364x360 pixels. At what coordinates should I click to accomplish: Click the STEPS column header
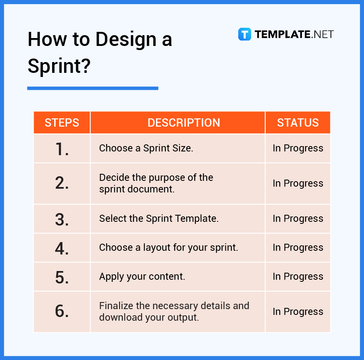tap(62, 122)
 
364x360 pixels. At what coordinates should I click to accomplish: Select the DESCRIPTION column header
tap(184, 122)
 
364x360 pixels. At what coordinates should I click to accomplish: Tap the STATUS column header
tap(298, 122)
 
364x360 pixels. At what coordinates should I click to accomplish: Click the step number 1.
tap(62, 149)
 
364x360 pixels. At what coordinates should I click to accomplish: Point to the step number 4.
tap(62, 248)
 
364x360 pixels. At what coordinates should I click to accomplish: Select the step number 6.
tap(62, 312)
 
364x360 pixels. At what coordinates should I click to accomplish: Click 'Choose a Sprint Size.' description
tap(146, 148)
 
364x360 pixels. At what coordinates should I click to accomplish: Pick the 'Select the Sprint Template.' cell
tap(159, 218)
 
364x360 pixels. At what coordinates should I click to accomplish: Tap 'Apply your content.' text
tap(142, 276)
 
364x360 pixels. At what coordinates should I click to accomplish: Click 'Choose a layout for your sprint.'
tap(168, 247)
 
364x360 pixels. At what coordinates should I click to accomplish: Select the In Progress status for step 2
tap(298, 183)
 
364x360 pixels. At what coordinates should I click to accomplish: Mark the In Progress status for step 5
tap(298, 276)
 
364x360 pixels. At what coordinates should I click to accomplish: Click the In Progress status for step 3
tap(298, 218)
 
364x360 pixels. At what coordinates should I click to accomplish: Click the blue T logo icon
tap(244, 34)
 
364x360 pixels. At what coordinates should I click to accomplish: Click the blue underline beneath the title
tap(93, 88)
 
